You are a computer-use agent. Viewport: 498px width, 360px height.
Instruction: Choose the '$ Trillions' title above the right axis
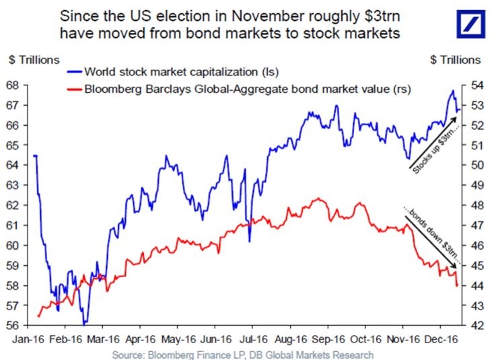pos(455,60)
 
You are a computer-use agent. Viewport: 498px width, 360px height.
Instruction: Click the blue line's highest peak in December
pos(453,90)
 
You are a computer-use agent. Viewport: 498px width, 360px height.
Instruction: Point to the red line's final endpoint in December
pos(458,286)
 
